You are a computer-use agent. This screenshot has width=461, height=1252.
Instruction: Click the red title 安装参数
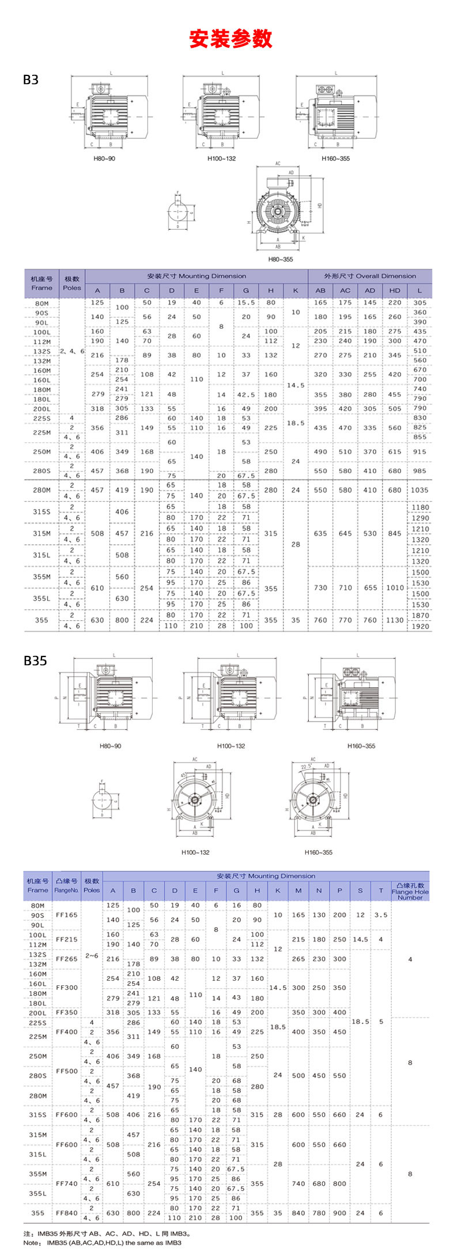click(231, 39)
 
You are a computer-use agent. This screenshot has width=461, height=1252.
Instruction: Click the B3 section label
click(31, 79)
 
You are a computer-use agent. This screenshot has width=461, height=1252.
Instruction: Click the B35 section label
click(35, 661)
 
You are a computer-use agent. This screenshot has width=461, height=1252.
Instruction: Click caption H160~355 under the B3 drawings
click(335, 158)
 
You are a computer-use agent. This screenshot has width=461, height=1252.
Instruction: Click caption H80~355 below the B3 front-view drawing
click(280, 259)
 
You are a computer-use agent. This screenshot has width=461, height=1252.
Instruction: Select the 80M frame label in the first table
click(41, 303)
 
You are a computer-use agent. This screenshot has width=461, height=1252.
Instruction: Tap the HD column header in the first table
click(395, 290)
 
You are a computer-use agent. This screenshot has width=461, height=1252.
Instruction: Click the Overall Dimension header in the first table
click(369, 276)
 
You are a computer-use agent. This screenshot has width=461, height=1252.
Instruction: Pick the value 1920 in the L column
click(420, 626)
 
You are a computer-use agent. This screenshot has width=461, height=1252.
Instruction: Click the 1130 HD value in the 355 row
click(395, 620)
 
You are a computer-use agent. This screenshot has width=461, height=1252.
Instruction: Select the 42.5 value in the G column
click(246, 394)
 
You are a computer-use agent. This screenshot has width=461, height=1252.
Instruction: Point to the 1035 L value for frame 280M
click(420, 490)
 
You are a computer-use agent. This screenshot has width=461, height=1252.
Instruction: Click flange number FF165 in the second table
click(66, 915)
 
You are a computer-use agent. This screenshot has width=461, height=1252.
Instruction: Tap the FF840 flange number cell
click(66, 1213)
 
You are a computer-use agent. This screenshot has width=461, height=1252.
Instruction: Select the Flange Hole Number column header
click(410, 891)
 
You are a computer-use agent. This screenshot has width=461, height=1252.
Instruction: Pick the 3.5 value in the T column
click(381, 915)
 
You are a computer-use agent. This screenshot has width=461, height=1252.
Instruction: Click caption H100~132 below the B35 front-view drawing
click(195, 852)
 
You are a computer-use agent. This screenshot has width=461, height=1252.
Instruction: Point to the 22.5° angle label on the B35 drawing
click(306, 767)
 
